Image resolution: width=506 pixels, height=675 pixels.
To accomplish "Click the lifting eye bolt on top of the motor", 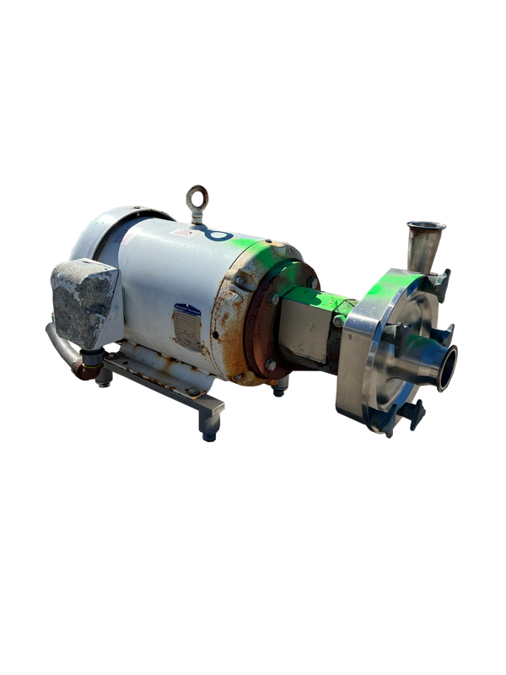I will tap(197, 198).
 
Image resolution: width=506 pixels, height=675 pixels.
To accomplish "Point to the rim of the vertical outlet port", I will tap(426, 226).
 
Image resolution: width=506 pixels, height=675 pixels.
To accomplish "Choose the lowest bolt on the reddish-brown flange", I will tap(271, 364).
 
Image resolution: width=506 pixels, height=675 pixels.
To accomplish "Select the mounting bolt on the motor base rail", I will tap(193, 391).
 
